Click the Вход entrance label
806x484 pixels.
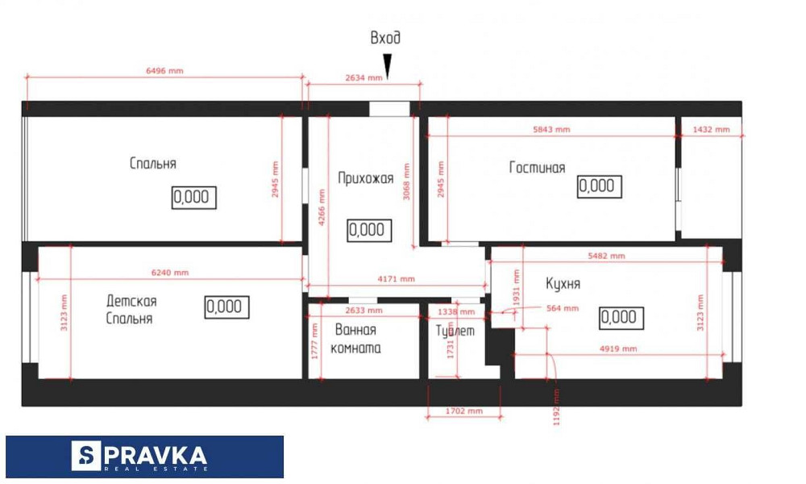[385, 38]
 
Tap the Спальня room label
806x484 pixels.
[152, 164]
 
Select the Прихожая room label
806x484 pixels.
[365, 179]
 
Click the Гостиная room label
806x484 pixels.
[537, 168]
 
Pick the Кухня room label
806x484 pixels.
[563, 284]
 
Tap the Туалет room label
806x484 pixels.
[455, 331]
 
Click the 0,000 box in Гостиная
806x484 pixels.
[597, 186]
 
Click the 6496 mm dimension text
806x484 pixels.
[164, 71]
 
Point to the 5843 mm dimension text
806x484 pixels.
[551, 129]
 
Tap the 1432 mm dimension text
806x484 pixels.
[711, 129]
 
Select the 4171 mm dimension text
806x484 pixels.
[397, 279]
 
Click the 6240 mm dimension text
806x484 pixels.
[170, 273]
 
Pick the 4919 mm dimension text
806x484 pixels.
[618, 349]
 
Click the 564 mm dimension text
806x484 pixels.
[562, 308]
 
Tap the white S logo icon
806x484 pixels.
[86, 457]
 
